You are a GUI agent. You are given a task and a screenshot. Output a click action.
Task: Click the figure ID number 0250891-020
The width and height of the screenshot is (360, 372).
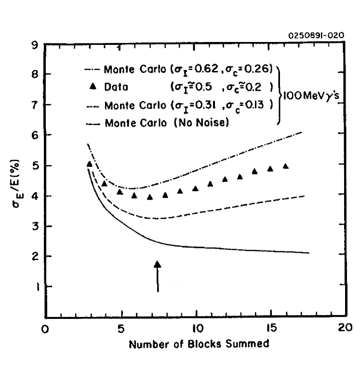tap(316, 35)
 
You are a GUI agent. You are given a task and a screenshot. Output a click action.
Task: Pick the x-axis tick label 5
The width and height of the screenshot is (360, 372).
tap(120, 328)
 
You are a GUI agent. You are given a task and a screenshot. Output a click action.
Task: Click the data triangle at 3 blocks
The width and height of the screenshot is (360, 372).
tap(90, 164)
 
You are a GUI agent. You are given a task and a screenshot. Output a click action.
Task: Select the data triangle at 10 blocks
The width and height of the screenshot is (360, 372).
tap(195, 188)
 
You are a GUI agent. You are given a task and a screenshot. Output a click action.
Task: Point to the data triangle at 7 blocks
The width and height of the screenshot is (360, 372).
tap(150, 197)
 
